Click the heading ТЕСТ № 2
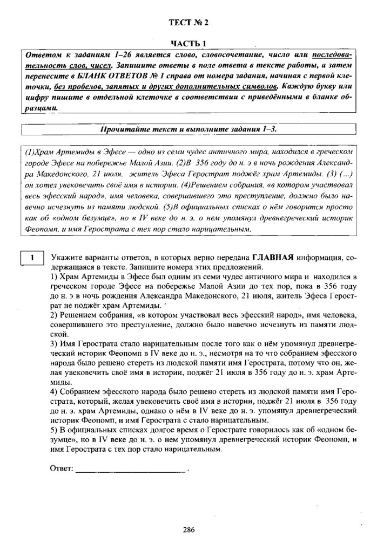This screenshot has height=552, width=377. (x=188, y=22)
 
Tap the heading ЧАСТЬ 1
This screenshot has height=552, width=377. (x=188, y=44)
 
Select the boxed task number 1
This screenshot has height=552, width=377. (x=32, y=257)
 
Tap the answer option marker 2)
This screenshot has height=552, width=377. (x=53, y=314)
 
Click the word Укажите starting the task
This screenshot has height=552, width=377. (x=65, y=257)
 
